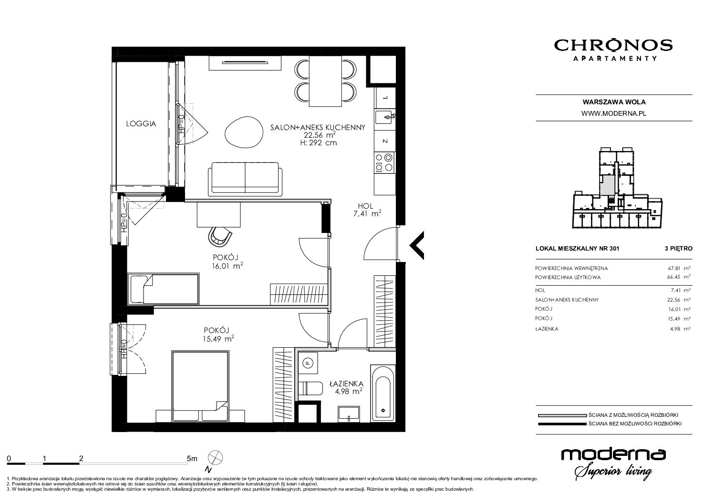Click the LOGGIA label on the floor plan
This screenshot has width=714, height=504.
tap(141, 124)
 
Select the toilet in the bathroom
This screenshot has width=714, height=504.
tap(311, 388)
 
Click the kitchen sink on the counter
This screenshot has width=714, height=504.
tap(385, 117)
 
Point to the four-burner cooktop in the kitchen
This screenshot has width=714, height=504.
tap(384, 162)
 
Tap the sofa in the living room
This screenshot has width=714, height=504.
tap(245, 179)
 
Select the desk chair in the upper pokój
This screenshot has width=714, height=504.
tap(219, 236)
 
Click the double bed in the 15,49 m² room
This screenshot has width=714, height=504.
tap(200, 386)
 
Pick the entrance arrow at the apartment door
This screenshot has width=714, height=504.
tap(416, 245)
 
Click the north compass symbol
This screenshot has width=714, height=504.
tap(216, 458)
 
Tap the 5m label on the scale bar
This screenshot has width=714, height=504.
tap(192, 458)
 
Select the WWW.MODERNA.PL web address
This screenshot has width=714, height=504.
tap(614, 113)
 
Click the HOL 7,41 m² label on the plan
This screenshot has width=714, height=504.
tap(367, 210)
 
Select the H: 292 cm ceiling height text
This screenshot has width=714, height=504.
tap(319, 143)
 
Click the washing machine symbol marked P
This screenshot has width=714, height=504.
tap(308, 362)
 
